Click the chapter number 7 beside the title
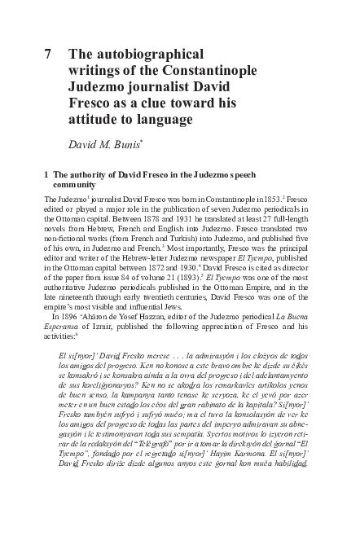click(x=50, y=56)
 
